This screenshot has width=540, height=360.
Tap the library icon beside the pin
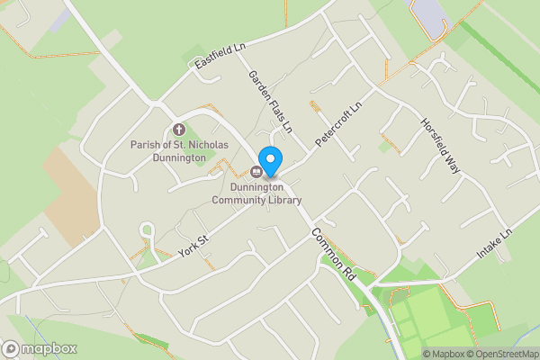[x=256, y=171]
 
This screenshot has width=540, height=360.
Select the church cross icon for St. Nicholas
[x=177, y=130]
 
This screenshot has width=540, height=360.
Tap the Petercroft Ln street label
[x=337, y=125]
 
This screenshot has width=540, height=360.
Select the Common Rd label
[x=334, y=256]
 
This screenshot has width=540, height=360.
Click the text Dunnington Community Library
[x=256, y=193]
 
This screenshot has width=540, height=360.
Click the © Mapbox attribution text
[x=445, y=353]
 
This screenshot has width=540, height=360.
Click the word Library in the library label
[x=283, y=200]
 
